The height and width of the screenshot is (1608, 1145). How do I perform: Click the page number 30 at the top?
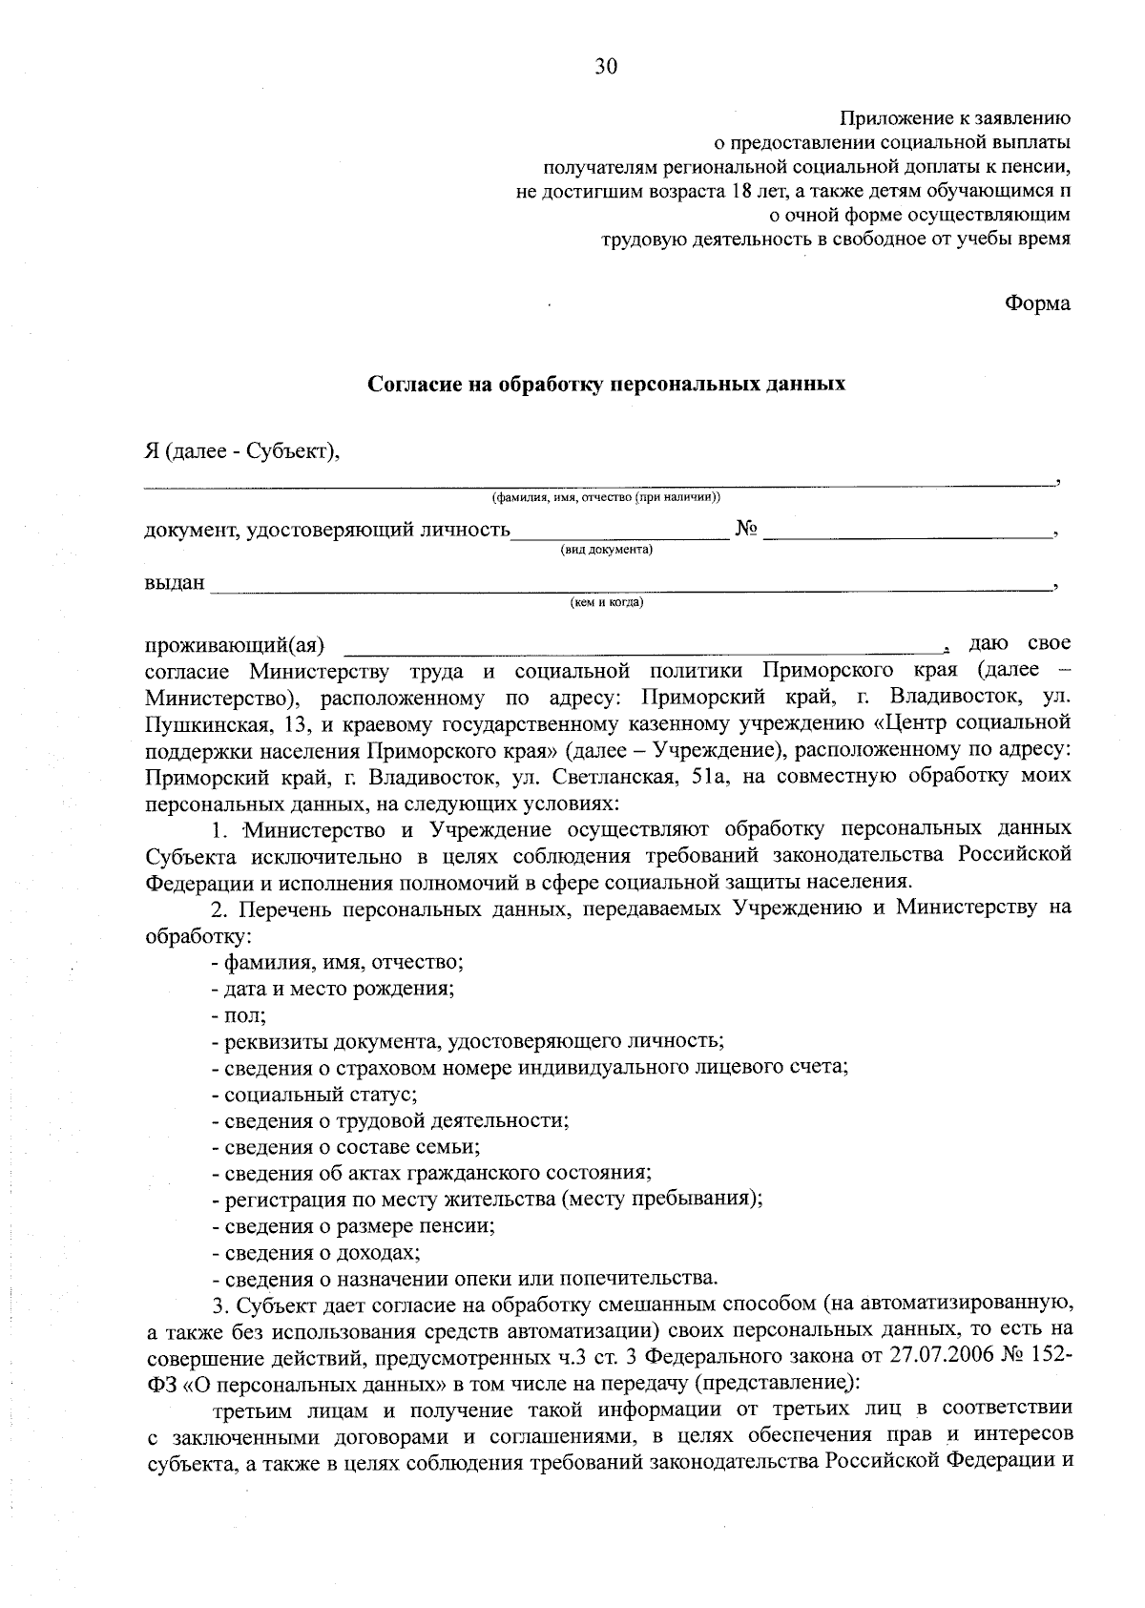click(x=606, y=66)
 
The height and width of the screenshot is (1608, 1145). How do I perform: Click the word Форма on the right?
click(x=1037, y=303)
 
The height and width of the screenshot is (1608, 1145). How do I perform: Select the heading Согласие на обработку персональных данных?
click(x=607, y=385)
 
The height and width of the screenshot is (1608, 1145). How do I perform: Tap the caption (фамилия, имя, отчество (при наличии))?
click(x=606, y=497)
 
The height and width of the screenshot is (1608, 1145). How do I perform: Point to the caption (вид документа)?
click(x=606, y=550)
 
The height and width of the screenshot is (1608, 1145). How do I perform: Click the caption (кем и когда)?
click(x=606, y=602)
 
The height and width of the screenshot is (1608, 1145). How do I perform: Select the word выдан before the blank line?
click(x=175, y=582)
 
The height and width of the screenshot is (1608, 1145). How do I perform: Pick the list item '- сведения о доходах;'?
click(x=316, y=1251)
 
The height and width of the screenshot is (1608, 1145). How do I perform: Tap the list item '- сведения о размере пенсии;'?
click(x=353, y=1225)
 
